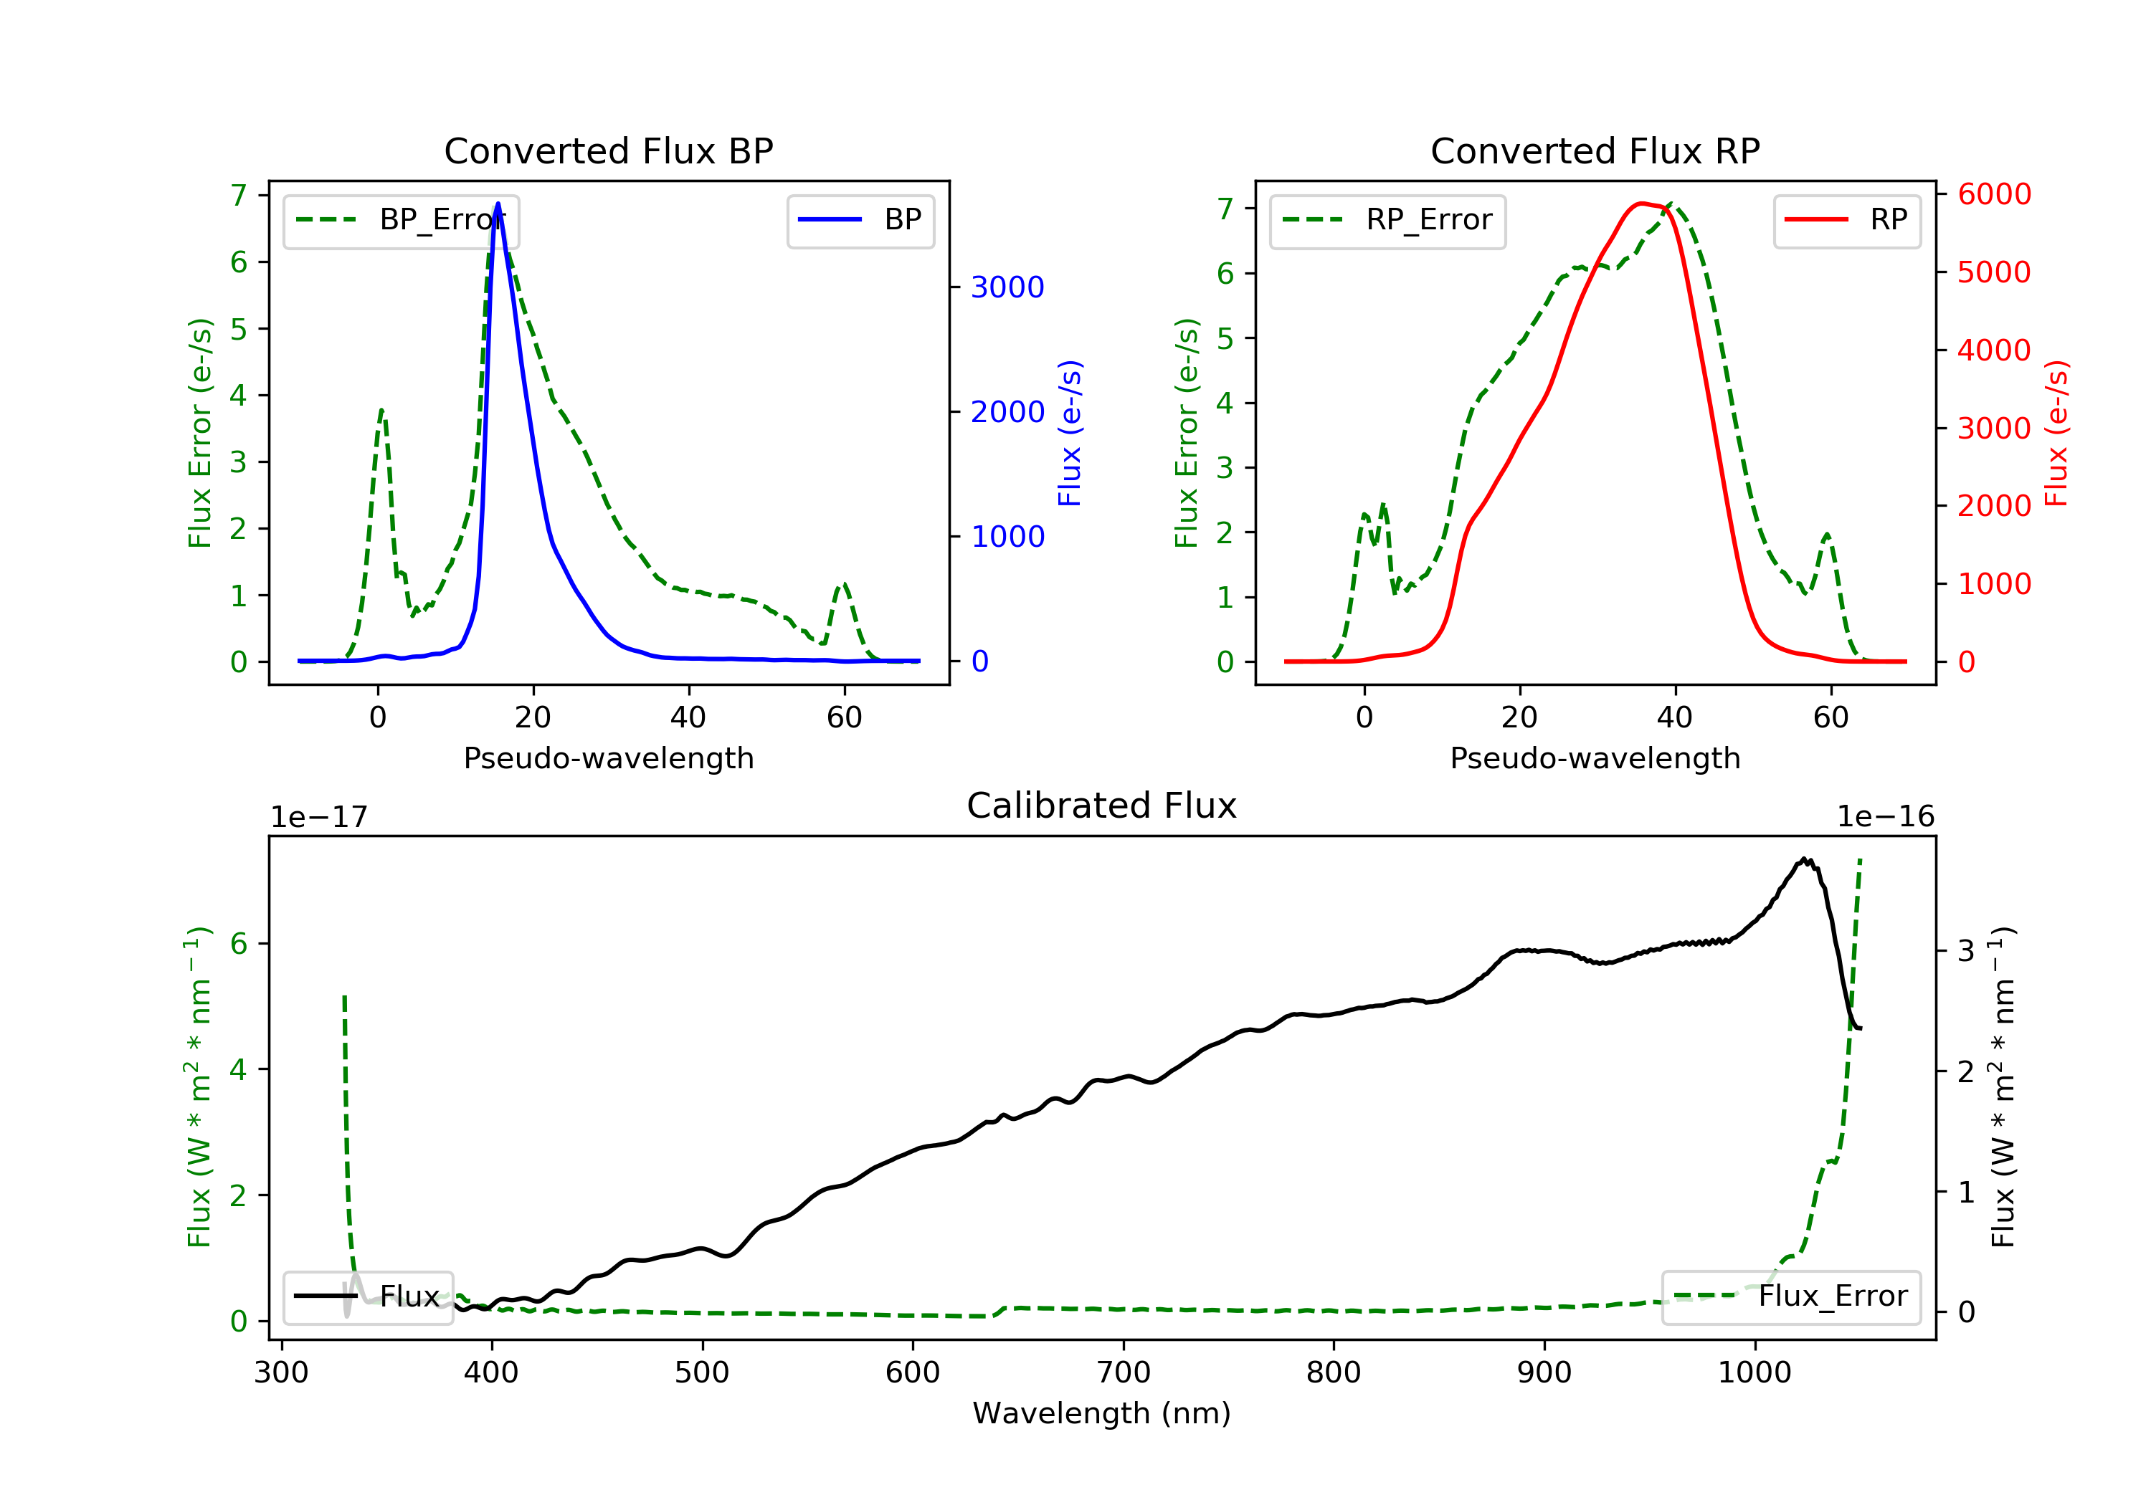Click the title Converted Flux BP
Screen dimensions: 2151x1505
coord(608,150)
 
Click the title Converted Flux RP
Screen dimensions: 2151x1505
coord(1595,150)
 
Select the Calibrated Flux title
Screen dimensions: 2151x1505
coord(1102,806)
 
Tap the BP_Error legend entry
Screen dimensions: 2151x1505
coord(401,220)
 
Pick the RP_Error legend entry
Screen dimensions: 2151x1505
coord(1387,220)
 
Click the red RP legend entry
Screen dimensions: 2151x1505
coord(1846,220)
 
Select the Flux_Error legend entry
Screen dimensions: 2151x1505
coord(1790,1296)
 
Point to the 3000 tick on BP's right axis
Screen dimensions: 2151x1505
coord(1007,287)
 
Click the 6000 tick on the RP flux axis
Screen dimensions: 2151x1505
coord(1993,194)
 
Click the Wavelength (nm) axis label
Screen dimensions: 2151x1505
coord(1102,1413)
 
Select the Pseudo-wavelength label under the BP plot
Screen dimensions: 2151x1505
coord(609,758)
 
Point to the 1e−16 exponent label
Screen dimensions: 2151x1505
coord(1885,817)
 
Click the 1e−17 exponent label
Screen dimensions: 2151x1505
coord(320,817)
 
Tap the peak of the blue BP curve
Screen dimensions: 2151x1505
coord(498,204)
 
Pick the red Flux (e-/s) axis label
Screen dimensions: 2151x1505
coord(2056,434)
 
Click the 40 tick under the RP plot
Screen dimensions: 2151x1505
coord(1675,717)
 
